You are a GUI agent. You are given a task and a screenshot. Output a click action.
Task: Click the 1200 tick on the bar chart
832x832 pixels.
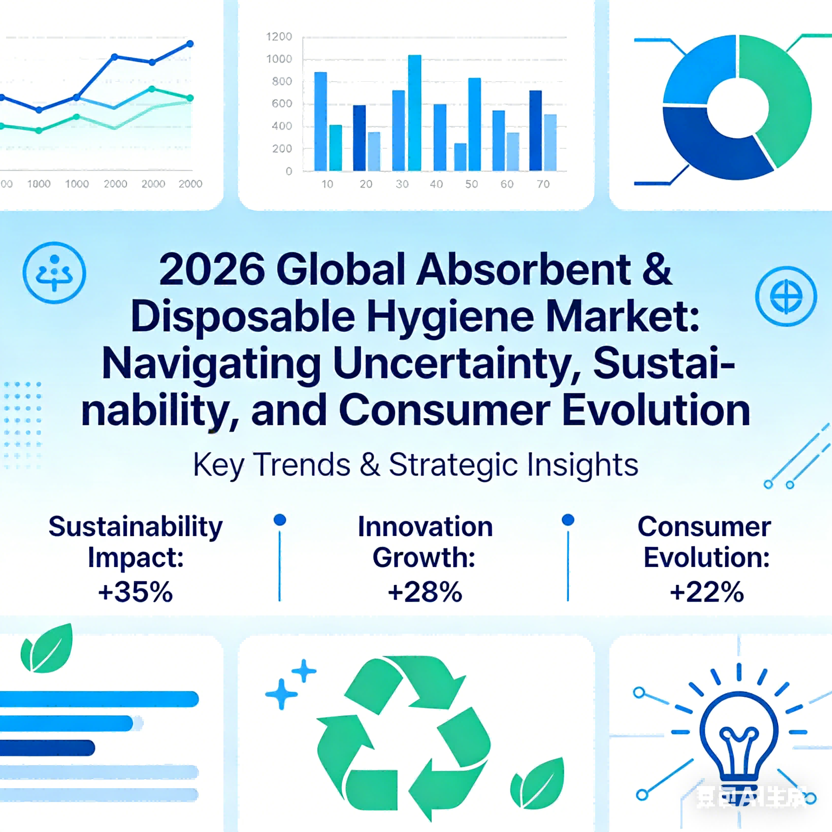279,37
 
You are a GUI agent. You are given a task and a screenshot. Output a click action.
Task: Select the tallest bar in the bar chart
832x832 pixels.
414,113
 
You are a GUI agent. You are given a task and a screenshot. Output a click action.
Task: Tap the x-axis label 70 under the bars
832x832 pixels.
543,184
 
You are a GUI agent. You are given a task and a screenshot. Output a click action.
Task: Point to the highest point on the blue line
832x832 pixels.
190,43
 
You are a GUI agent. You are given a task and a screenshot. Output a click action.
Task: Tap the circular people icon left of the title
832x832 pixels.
54,273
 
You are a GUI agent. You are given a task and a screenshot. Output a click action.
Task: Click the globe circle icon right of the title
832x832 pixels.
786,296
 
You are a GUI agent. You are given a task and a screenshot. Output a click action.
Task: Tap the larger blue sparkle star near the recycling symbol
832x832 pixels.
281,694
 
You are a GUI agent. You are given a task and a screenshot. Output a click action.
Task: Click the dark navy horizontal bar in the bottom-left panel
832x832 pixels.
48,748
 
